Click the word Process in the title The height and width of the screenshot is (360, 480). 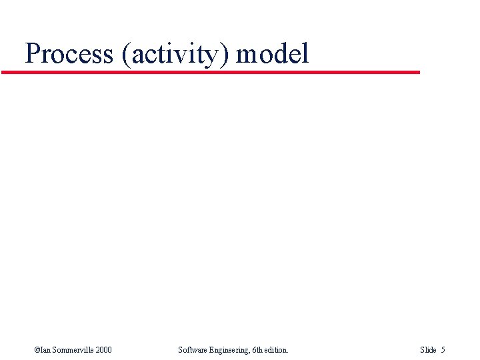[x=69, y=53]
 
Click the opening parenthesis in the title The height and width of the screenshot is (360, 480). [x=126, y=54]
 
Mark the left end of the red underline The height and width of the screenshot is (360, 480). [x=3, y=72]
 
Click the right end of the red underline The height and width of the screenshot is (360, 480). [x=419, y=72]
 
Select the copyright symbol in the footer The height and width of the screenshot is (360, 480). [x=37, y=349]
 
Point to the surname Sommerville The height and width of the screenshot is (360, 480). [x=72, y=349]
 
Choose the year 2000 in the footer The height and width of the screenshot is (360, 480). [x=103, y=349]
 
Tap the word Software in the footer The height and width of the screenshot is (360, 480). [x=193, y=349]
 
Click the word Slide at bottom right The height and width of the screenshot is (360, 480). [x=428, y=349]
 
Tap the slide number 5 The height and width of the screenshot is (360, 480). [x=443, y=349]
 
